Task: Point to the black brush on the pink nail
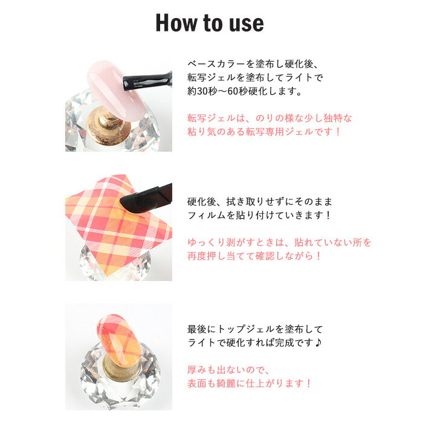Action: click(x=147, y=80)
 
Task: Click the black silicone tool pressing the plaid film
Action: click(x=146, y=198)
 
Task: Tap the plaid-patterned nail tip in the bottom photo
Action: click(x=119, y=338)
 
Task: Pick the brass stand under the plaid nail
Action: click(x=121, y=367)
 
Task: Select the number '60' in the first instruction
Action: click(x=233, y=91)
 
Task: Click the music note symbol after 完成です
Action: click(x=318, y=343)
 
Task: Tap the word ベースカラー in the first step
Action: click(x=216, y=64)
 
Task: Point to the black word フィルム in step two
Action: click(x=207, y=215)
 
